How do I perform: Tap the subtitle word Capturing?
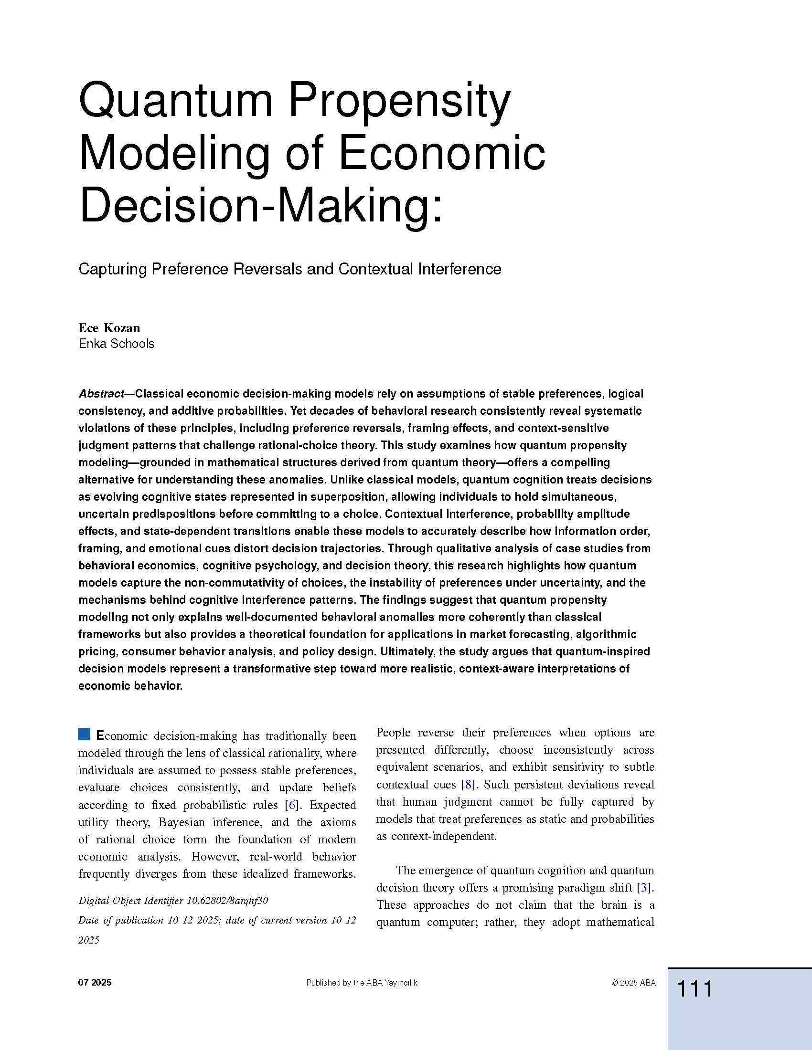(x=112, y=269)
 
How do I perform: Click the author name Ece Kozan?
(x=109, y=328)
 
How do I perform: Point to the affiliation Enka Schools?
(x=117, y=344)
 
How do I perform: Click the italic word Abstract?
(x=101, y=394)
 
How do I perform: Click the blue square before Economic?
(x=84, y=734)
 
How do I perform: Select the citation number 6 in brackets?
(x=291, y=805)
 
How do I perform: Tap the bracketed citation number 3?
(x=644, y=888)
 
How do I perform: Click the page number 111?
(x=694, y=989)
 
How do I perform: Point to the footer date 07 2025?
(x=95, y=982)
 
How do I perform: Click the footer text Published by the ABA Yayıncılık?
(x=362, y=983)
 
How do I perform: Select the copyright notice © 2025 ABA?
(x=633, y=983)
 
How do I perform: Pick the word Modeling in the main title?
(x=174, y=154)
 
